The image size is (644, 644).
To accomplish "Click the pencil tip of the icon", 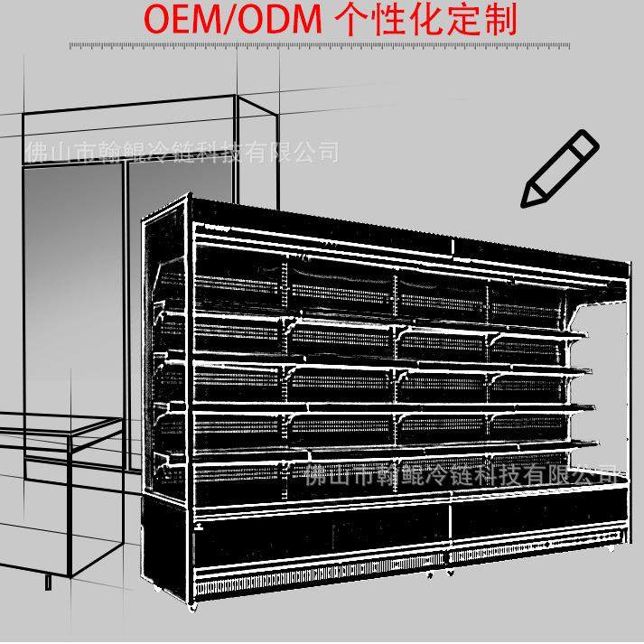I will (x=527, y=200).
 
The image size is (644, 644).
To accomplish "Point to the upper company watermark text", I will (x=180, y=151).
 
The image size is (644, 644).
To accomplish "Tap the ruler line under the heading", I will (x=322, y=45).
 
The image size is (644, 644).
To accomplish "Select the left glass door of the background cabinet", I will (x=71, y=271).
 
